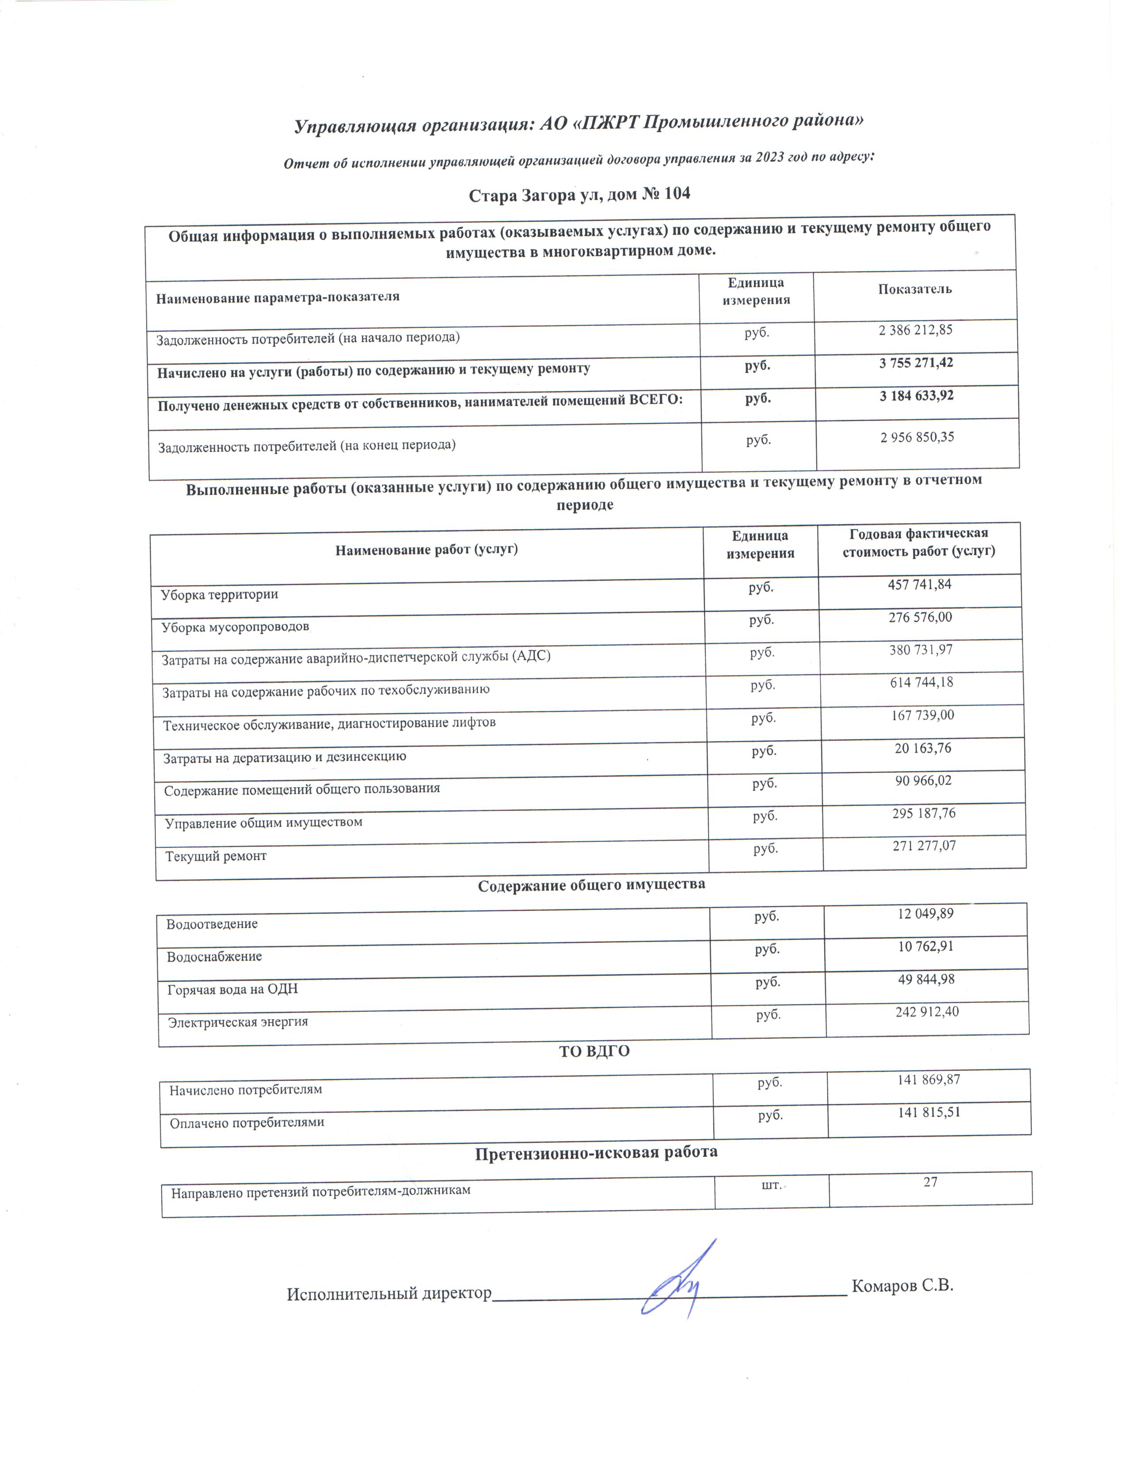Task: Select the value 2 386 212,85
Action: click(915, 330)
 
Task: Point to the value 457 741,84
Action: click(919, 585)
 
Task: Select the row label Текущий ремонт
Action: click(216, 856)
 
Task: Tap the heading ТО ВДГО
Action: click(594, 1052)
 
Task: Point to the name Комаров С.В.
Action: click(902, 1286)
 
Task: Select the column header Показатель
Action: click(915, 289)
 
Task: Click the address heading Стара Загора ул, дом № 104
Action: click(579, 195)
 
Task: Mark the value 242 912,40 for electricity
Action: click(927, 1012)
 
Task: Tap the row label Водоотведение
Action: click(212, 924)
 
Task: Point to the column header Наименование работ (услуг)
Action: click(426, 550)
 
